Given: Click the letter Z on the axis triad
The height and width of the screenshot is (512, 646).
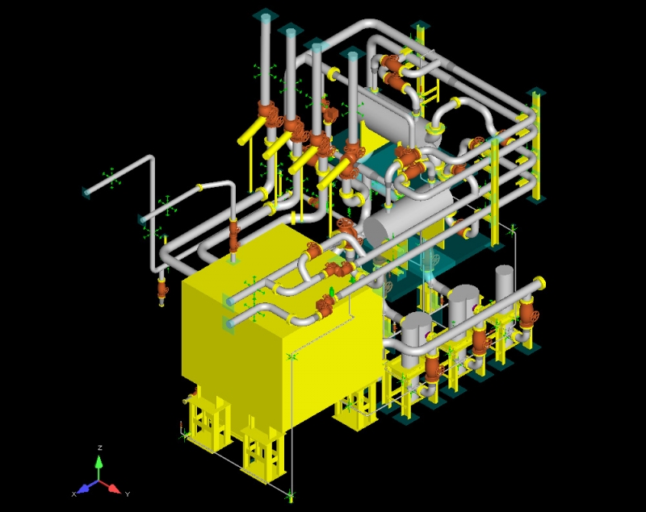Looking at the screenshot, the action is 99,447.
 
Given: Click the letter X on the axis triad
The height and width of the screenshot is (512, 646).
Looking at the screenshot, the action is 74,494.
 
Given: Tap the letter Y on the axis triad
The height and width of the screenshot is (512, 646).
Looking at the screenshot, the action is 128,494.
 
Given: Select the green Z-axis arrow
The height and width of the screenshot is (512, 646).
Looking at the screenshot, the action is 99,467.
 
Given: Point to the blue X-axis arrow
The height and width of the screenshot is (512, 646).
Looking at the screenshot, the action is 87,486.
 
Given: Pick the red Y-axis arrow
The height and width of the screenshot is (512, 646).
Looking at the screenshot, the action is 111,486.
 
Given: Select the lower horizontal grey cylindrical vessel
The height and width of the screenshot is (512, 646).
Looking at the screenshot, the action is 408,216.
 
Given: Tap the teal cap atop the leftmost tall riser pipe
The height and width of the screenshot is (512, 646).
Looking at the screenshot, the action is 266,17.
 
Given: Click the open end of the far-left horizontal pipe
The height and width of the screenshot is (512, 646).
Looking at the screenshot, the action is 86,192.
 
